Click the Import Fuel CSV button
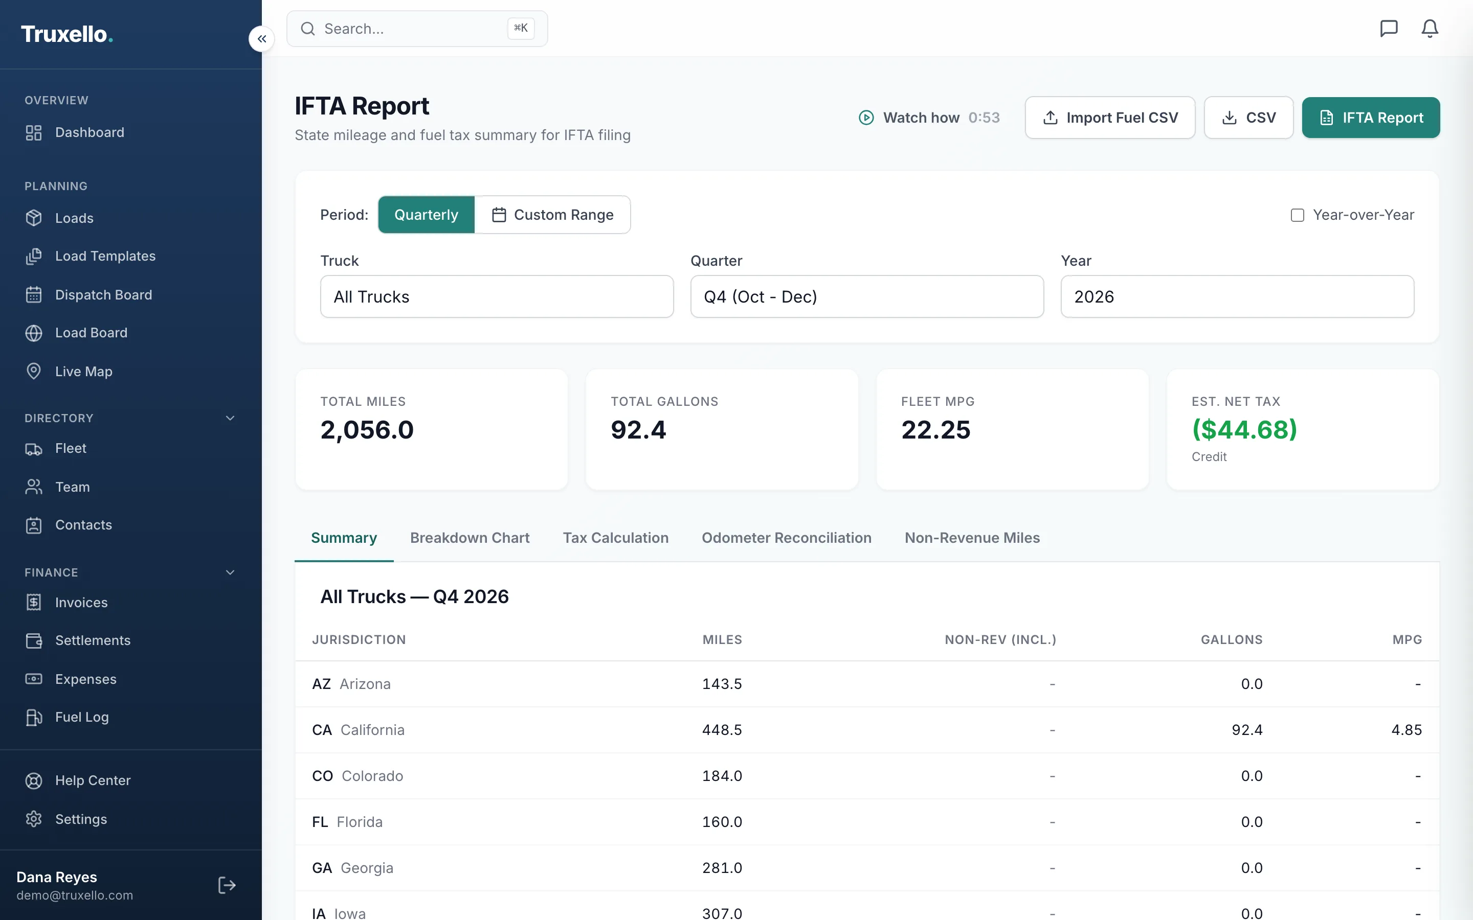tap(1110, 118)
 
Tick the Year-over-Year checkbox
tap(1297, 215)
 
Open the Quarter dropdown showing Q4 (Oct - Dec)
tap(867, 296)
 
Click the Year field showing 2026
tap(1237, 296)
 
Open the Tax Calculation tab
tap(615, 538)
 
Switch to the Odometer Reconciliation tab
tap(787, 538)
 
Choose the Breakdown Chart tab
tap(470, 538)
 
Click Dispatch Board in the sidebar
tap(103, 295)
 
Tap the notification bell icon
tap(1429, 29)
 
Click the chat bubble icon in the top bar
tap(1389, 29)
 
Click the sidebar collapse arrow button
tap(262, 39)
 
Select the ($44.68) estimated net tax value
tap(1244, 429)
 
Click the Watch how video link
tap(929, 118)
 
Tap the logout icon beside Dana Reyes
tap(227, 885)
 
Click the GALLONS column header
tap(1232, 640)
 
